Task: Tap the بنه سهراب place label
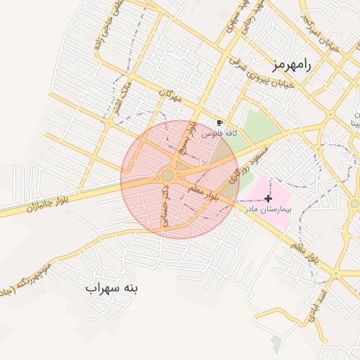pyautogui.click(x=112, y=288)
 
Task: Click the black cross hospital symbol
pyautogui.click(x=268, y=199)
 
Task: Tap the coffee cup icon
pyautogui.click(x=219, y=122)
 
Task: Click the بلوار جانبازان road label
pyautogui.click(x=50, y=204)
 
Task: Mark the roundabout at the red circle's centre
pyautogui.click(x=167, y=175)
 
